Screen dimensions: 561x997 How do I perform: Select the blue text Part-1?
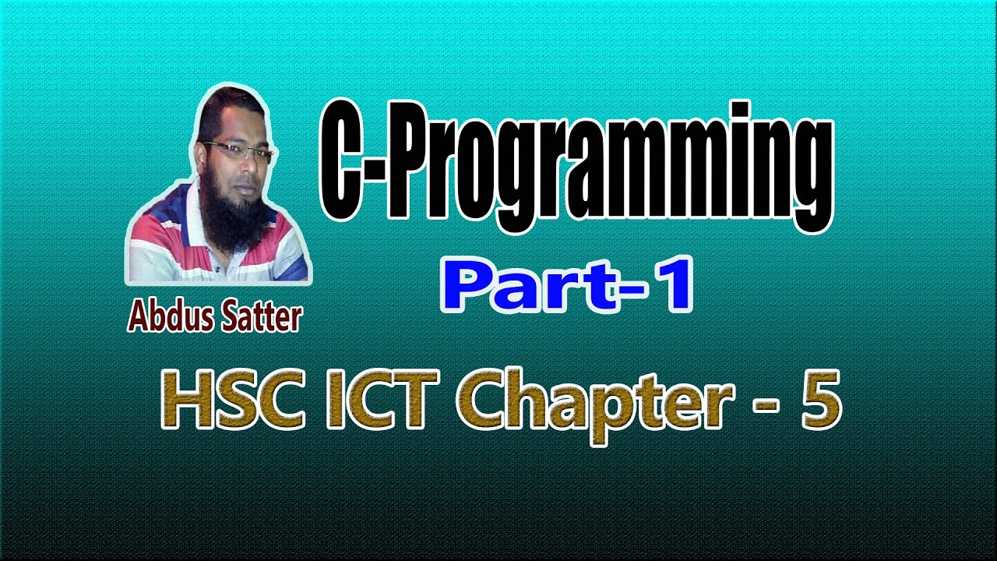tap(566, 288)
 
